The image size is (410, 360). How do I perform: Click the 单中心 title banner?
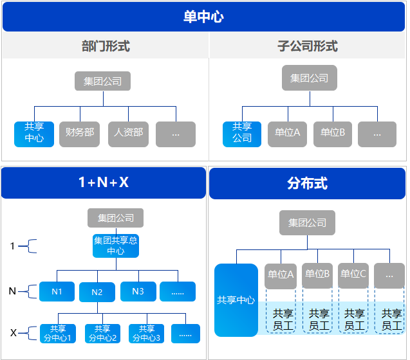click(204, 17)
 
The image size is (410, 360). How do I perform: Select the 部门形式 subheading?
click(106, 46)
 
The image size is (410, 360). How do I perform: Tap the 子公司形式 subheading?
click(308, 46)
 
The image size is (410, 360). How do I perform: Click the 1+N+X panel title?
click(104, 183)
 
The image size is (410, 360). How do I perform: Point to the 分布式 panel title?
click(308, 183)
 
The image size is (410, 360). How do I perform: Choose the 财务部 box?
click(80, 134)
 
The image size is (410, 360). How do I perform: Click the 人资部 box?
click(129, 134)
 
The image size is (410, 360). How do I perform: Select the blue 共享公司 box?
click(242, 134)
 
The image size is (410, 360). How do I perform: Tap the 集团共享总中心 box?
click(116, 246)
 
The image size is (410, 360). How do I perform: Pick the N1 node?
click(57, 292)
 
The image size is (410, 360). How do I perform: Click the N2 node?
click(97, 292)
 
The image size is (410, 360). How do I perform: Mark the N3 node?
click(138, 292)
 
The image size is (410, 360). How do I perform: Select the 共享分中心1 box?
click(58, 333)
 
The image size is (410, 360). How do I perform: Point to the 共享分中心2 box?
click(102, 333)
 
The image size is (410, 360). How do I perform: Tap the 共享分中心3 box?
click(147, 333)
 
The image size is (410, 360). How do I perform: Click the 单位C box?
click(353, 275)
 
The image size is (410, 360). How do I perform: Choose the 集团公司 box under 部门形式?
click(103, 82)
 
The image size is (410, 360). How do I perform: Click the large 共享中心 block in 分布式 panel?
click(236, 300)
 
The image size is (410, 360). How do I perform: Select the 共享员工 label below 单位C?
click(354, 319)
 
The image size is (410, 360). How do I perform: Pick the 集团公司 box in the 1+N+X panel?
click(116, 218)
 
